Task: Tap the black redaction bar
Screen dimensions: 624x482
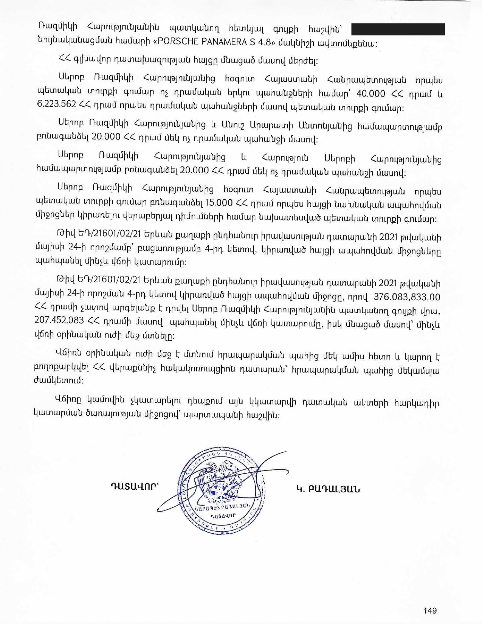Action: pos(398,29)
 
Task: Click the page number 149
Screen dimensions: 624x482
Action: pos(430,610)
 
